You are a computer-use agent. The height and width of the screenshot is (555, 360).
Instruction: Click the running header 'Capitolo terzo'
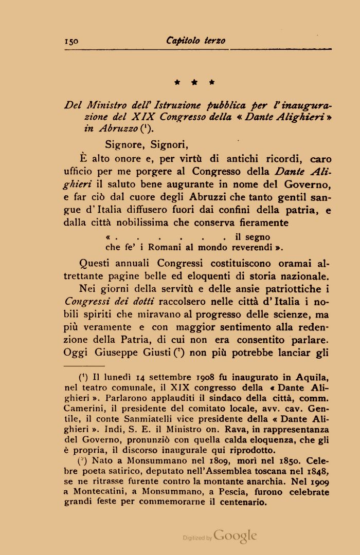(x=196, y=41)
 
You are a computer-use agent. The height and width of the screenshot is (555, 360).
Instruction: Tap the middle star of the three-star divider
(x=194, y=82)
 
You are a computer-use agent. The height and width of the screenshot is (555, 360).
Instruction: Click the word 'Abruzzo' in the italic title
(x=115, y=129)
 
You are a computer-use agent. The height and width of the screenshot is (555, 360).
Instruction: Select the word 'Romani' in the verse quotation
(x=161, y=246)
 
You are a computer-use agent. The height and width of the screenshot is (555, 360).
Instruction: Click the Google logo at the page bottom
(x=235, y=535)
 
